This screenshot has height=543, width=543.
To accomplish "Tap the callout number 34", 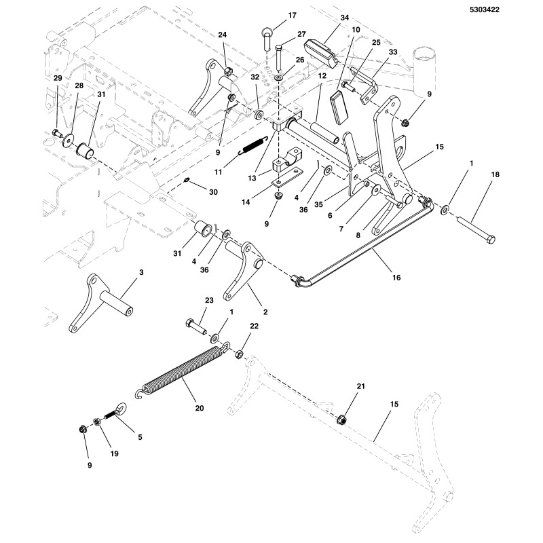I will [x=344, y=18].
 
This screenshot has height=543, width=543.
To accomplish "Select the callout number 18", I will [x=494, y=175].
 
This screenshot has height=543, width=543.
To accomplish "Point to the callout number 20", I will [x=200, y=408].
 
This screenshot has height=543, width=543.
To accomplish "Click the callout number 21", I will [x=361, y=386].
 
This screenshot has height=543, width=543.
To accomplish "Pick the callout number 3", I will [x=141, y=272].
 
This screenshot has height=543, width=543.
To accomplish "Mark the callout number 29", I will [x=58, y=79].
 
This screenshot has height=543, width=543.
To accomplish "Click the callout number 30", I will [x=214, y=192].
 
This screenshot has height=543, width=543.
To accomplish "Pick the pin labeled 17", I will [x=266, y=38].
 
